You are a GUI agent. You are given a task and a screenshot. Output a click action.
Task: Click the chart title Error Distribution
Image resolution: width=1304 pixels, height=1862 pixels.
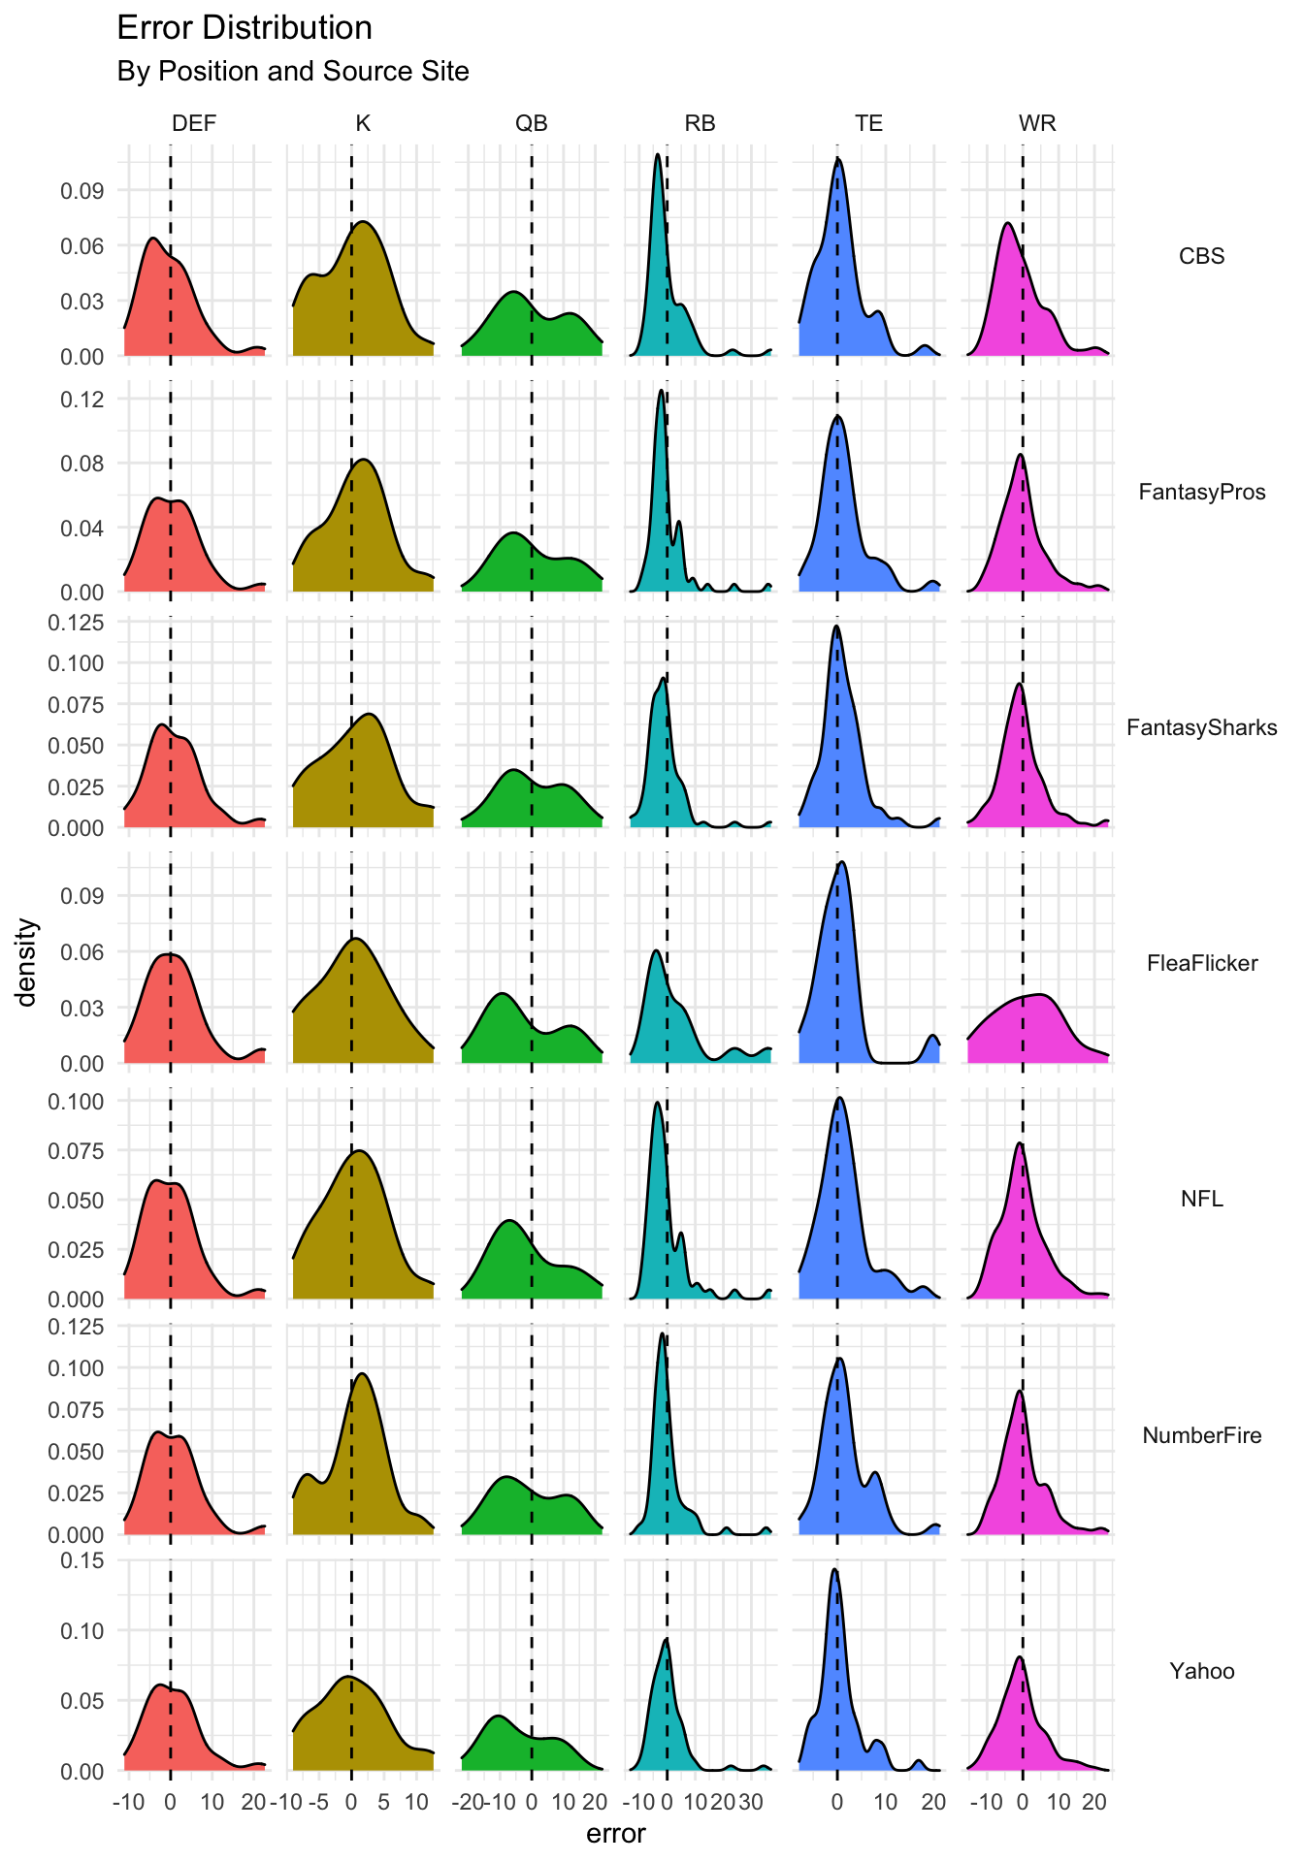[x=244, y=28]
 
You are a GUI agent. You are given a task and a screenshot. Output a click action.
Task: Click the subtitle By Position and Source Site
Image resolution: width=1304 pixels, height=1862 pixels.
[x=292, y=72]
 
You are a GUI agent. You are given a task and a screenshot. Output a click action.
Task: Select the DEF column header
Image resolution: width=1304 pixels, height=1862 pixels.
[x=194, y=123]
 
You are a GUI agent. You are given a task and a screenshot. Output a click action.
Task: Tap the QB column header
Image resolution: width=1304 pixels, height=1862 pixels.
[x=532, y=123]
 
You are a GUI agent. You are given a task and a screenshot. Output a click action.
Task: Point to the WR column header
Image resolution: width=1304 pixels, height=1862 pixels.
[x=1037, y=123]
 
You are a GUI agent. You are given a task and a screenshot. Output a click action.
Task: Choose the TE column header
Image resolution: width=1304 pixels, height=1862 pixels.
[x=868, y=123]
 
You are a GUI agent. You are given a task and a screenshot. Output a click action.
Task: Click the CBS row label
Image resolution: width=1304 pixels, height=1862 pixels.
[x=1201, y=256]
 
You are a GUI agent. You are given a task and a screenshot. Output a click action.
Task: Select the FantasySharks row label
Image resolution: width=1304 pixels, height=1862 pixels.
[x=1201, y=727]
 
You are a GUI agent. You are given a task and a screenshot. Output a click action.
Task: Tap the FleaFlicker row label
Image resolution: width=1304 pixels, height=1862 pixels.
[x=1201, y=963]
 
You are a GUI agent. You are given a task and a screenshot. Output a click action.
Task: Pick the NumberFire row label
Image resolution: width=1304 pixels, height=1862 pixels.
[x=1201, y=1435]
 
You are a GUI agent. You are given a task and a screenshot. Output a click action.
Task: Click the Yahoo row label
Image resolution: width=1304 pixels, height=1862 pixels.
[x=1201, y=1671]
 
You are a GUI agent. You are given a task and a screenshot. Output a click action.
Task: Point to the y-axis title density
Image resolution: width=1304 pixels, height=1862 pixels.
[x=28, y=963]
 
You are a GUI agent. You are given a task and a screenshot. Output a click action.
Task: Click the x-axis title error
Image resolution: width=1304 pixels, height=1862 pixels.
[x=616, y=1834]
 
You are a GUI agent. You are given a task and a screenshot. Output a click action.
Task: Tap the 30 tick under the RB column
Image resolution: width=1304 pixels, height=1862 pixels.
[x=750, y=1802]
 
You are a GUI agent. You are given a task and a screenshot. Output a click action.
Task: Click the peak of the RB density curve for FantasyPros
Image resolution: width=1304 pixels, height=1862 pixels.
[x=661, y=391]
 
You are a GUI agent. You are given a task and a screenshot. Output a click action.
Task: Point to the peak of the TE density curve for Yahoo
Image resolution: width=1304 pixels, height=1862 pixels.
[x=834, y=1570]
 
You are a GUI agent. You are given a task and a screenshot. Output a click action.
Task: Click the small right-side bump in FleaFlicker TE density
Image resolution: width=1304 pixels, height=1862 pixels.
[x=932, y=1036]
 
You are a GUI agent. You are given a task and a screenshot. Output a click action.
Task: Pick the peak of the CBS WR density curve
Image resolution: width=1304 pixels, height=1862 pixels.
[x=1008, y=224]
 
